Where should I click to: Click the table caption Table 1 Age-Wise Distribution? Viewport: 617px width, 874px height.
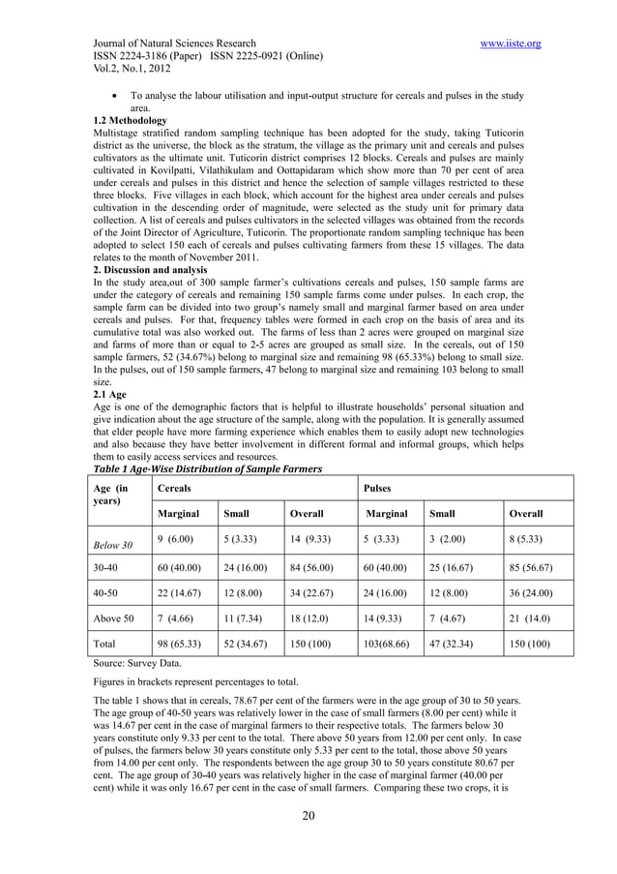206,469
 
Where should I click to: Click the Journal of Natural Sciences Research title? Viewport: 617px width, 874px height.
174,44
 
